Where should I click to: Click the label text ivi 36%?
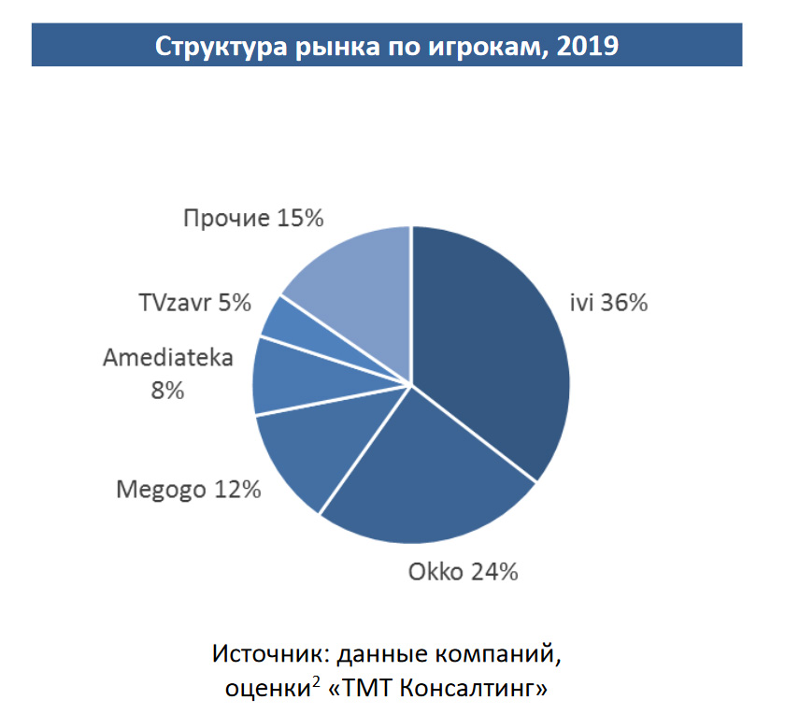pyautogui.click(x=609, y=303)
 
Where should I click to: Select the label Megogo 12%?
pyautogui.click(x=188, y=489)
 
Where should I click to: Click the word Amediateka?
pyautogui.click(x=167, y=358)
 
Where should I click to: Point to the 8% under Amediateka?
pyautogui.click(x=167, y=391)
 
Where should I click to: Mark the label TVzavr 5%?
pyautogui.click(x=194, y=303)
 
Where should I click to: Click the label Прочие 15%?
pyautogui.click(x=253, y=219)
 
